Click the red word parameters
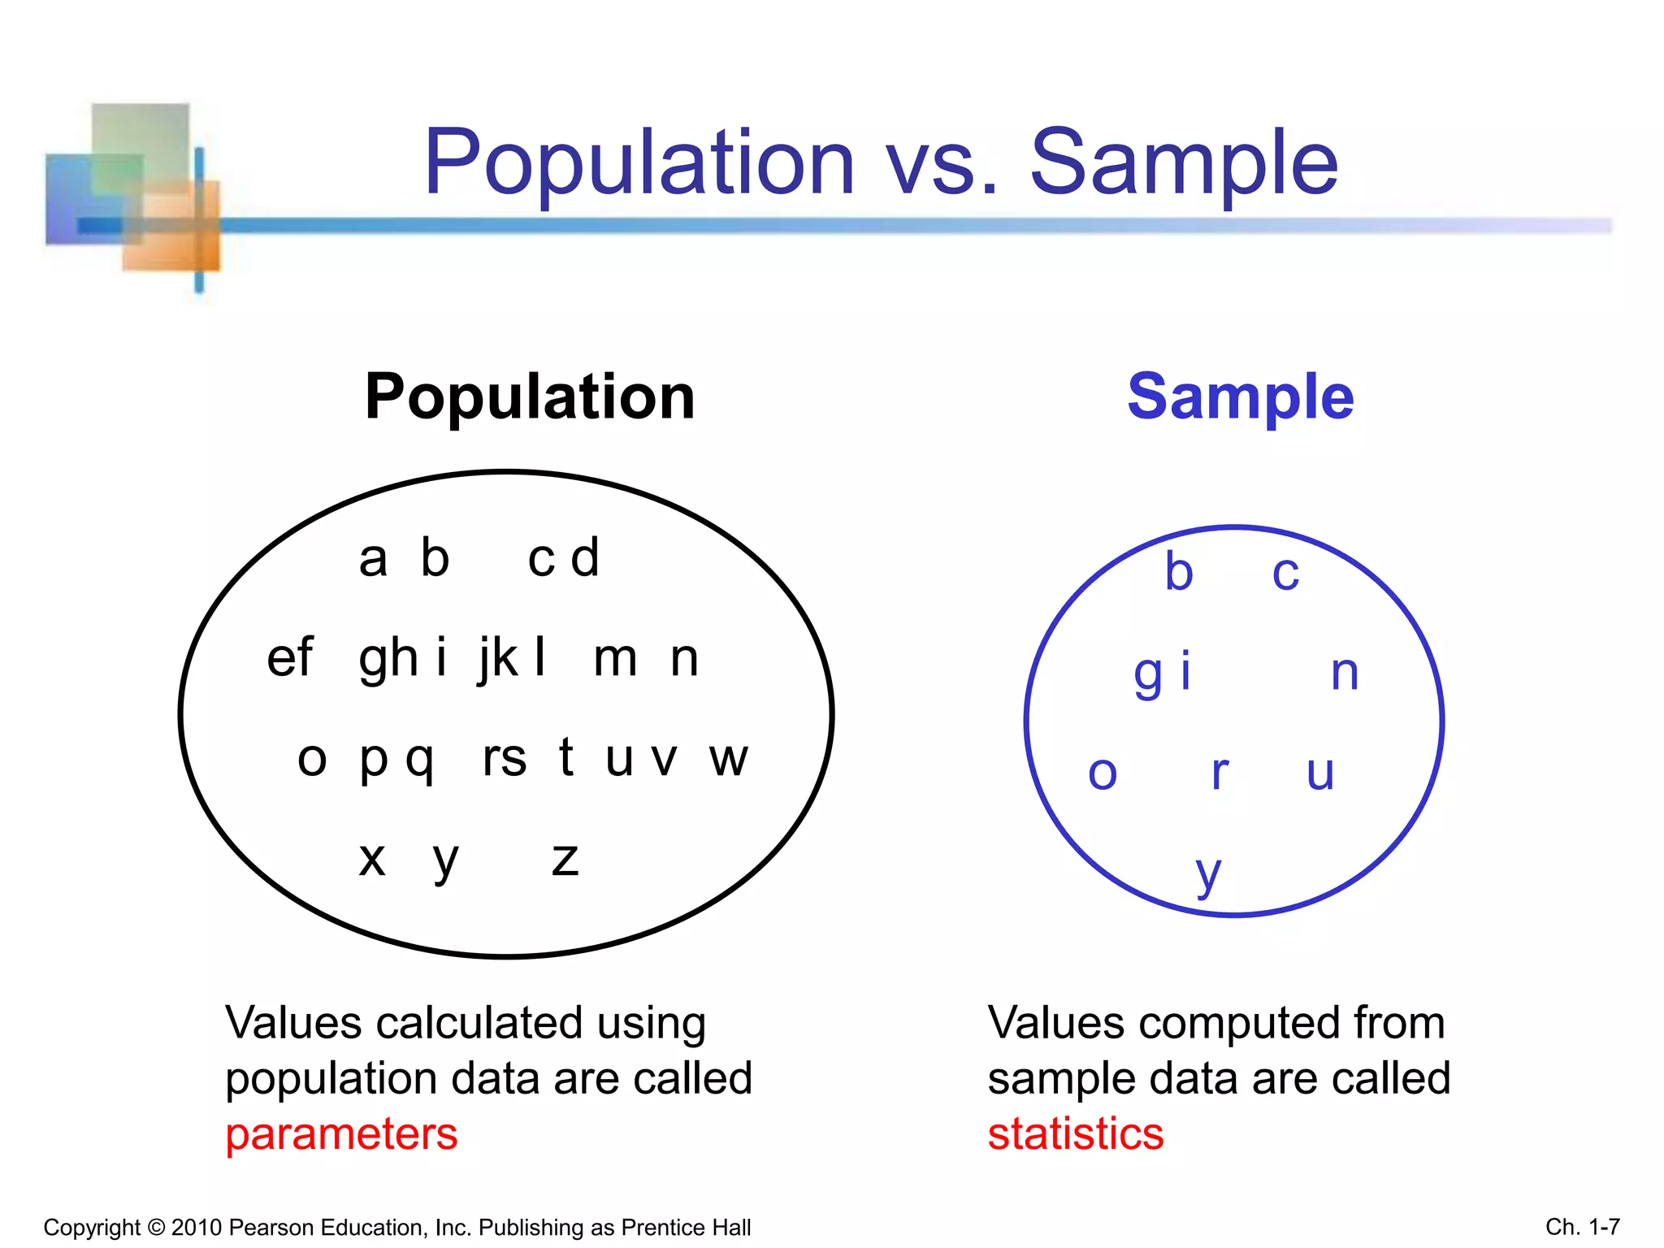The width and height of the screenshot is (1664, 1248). point(341,1134)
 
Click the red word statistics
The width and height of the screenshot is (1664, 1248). point(1075,1134)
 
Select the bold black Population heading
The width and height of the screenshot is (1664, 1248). point(530,396)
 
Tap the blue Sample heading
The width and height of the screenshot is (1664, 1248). point(1241,396)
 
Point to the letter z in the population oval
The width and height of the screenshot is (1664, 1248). point(565,859)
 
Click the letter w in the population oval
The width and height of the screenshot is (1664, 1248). point(728,759)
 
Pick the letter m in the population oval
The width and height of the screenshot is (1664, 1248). point(615,658)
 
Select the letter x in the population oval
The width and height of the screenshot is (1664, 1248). point(372,859)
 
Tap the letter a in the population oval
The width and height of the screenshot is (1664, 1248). point(373,559)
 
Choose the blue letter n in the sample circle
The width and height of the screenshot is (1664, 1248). point(1345,673)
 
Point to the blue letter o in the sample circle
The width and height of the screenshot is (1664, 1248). point(1103,773)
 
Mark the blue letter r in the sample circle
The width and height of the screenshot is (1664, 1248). point(1220,773)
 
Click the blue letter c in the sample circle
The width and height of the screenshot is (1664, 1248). point(1285,573)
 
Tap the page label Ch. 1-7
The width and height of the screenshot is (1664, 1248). point(1583,1226)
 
